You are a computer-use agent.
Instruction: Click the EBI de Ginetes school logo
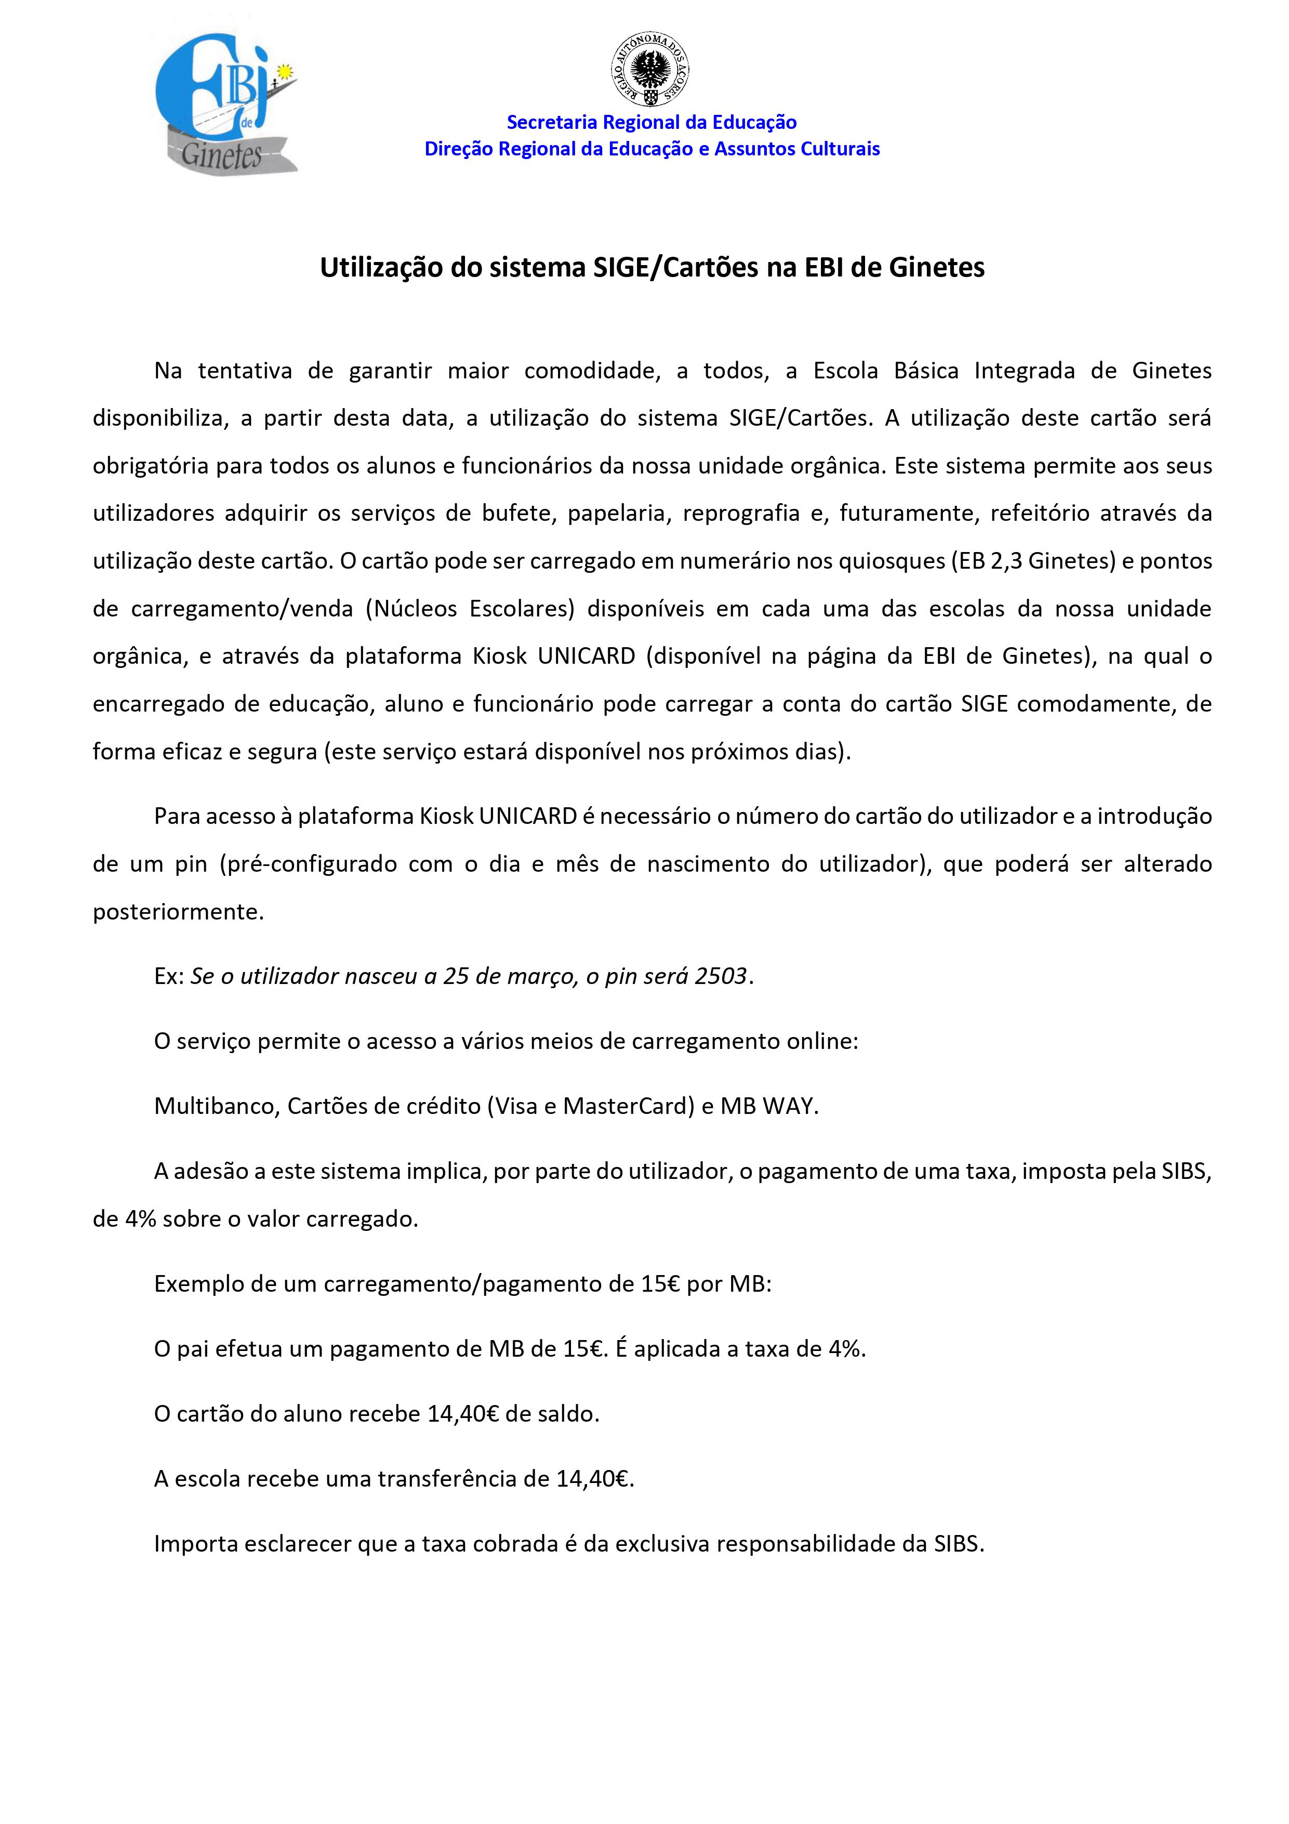click(225, 103)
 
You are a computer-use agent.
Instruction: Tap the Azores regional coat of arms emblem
click(649, 70)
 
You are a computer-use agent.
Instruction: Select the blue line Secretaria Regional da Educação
click(651, 122)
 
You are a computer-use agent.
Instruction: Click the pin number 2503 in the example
click(720, 976)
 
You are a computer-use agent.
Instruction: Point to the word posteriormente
click(177, 912)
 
